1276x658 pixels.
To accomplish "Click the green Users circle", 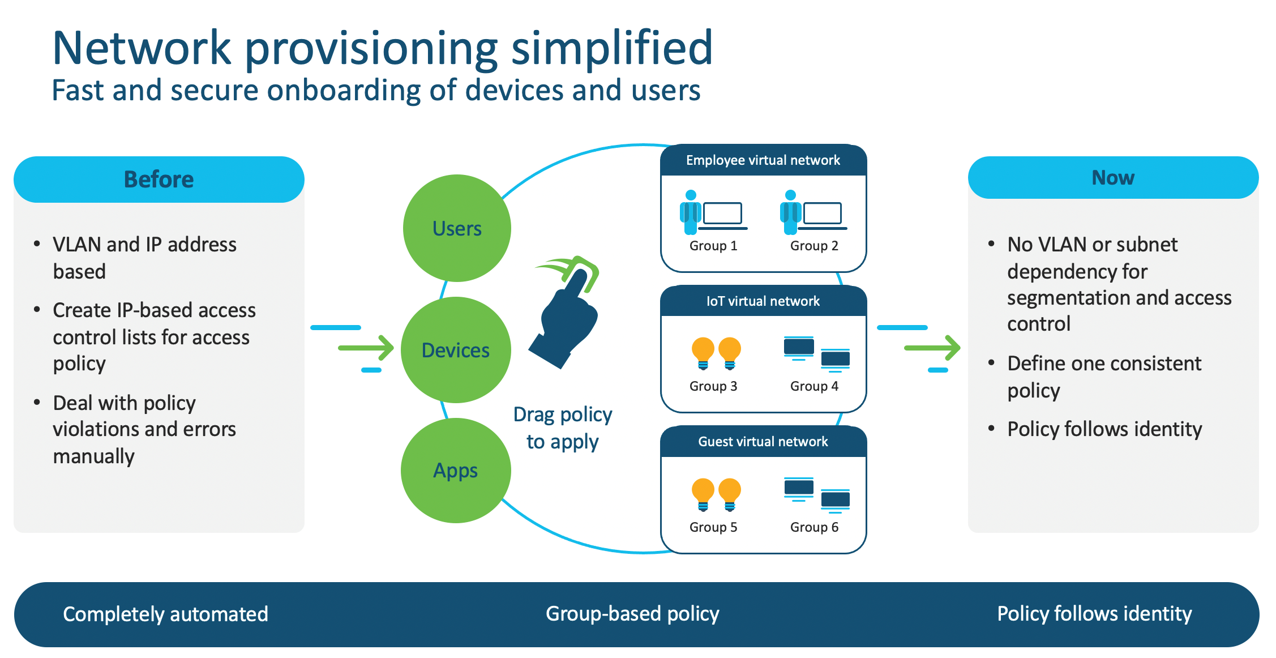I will pos(457,228).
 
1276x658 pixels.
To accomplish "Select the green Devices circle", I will pos(456,350).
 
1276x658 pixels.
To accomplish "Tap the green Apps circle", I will pos(456,470).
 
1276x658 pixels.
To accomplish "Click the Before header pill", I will pos(159,180).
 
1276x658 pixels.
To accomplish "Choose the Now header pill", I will pos(1113,178).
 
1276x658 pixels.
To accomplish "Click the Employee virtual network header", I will pos(763,161).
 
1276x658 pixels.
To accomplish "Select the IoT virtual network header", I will pos(763,301).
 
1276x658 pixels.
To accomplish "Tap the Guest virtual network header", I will pos(763,442).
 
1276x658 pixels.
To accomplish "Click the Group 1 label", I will pos(713,246).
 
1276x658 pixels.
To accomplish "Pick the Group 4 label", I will pos(814,386).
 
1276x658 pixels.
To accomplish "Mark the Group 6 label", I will pos(814,527).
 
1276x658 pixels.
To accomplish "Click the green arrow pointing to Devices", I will pos(366,348).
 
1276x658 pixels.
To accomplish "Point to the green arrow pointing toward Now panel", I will pos(932,348).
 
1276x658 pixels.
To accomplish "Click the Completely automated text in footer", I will pos(165,614).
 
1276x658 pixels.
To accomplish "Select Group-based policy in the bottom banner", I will pos(632,614).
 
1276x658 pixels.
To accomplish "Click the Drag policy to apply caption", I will pos(563,428).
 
